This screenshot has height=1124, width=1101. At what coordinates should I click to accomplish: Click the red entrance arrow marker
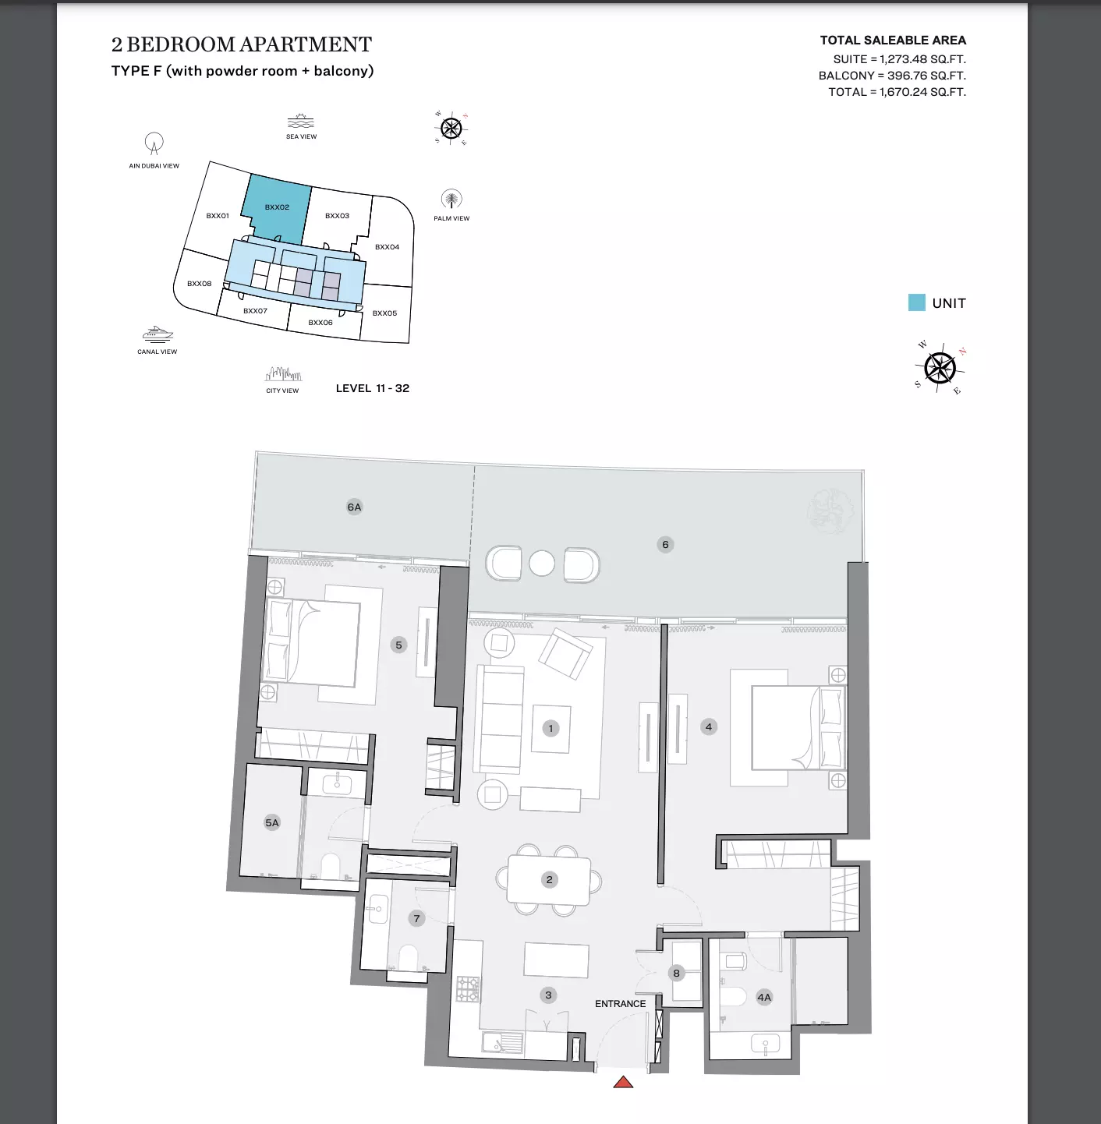pos(623,1083)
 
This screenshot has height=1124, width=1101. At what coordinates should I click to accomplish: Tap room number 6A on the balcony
pos(354,507)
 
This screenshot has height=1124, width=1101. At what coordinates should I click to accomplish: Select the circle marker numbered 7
pos(416,919)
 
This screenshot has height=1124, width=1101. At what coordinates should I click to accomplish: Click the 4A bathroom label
pos(763,998)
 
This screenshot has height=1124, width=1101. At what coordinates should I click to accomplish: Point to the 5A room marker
pos(272,823)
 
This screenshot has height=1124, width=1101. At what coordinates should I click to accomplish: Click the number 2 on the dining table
pos(549,879)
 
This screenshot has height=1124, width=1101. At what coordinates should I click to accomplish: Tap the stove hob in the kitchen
pos(468,989)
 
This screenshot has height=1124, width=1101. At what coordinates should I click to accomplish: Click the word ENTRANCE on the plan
pos(620,1004)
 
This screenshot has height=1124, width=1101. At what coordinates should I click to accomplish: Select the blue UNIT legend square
pos(916,302)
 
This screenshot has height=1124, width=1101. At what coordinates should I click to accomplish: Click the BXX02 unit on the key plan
pos(277,207)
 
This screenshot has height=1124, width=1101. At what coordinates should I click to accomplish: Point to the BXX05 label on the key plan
pos(384,313)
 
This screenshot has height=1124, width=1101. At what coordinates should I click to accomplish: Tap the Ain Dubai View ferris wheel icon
pos(154,143)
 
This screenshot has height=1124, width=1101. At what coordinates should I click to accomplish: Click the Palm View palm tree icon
pos(451,200)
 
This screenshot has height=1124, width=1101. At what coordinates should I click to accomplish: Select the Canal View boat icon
pos(158,334)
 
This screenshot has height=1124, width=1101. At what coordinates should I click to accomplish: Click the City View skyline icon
pos(283,374)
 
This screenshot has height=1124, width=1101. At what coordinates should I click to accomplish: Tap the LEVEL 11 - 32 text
pos(373,388)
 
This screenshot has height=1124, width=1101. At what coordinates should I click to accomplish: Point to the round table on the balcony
pos(542,564)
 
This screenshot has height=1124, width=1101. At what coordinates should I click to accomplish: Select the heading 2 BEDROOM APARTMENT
pos(241,45)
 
